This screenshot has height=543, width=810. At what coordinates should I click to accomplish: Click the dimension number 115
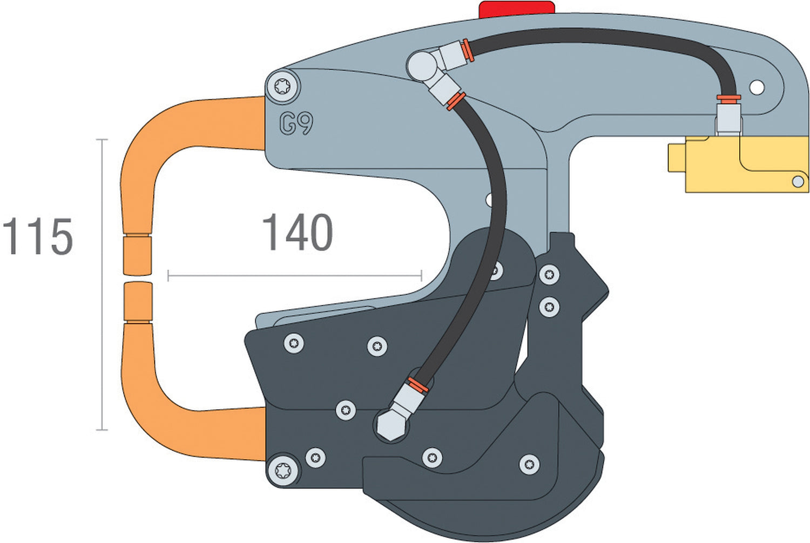(37, 237)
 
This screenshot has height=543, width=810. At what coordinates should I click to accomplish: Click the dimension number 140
(298, 233)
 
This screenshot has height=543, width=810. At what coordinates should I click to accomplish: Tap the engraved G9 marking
(296, 124)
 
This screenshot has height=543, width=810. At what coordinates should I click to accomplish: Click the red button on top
(517, 9)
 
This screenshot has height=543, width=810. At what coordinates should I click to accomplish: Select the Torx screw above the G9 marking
(283, 86)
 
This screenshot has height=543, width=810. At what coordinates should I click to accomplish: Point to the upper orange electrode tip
(137, 254)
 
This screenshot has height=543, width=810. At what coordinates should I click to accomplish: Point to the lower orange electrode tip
(137, 301)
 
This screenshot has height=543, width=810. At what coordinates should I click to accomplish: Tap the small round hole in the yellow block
(797, 181)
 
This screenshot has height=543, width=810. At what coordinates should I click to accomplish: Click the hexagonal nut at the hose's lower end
(391, 424)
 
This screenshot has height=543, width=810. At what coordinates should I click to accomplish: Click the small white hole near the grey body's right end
(757, 87)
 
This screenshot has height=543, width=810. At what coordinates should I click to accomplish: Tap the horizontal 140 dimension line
(294, 276)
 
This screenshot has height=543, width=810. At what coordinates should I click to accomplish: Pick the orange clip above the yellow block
(728, 98)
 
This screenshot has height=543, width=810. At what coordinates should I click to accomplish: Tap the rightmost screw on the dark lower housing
(529, 464)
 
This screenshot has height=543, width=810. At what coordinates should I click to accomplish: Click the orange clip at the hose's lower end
(418, 385)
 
